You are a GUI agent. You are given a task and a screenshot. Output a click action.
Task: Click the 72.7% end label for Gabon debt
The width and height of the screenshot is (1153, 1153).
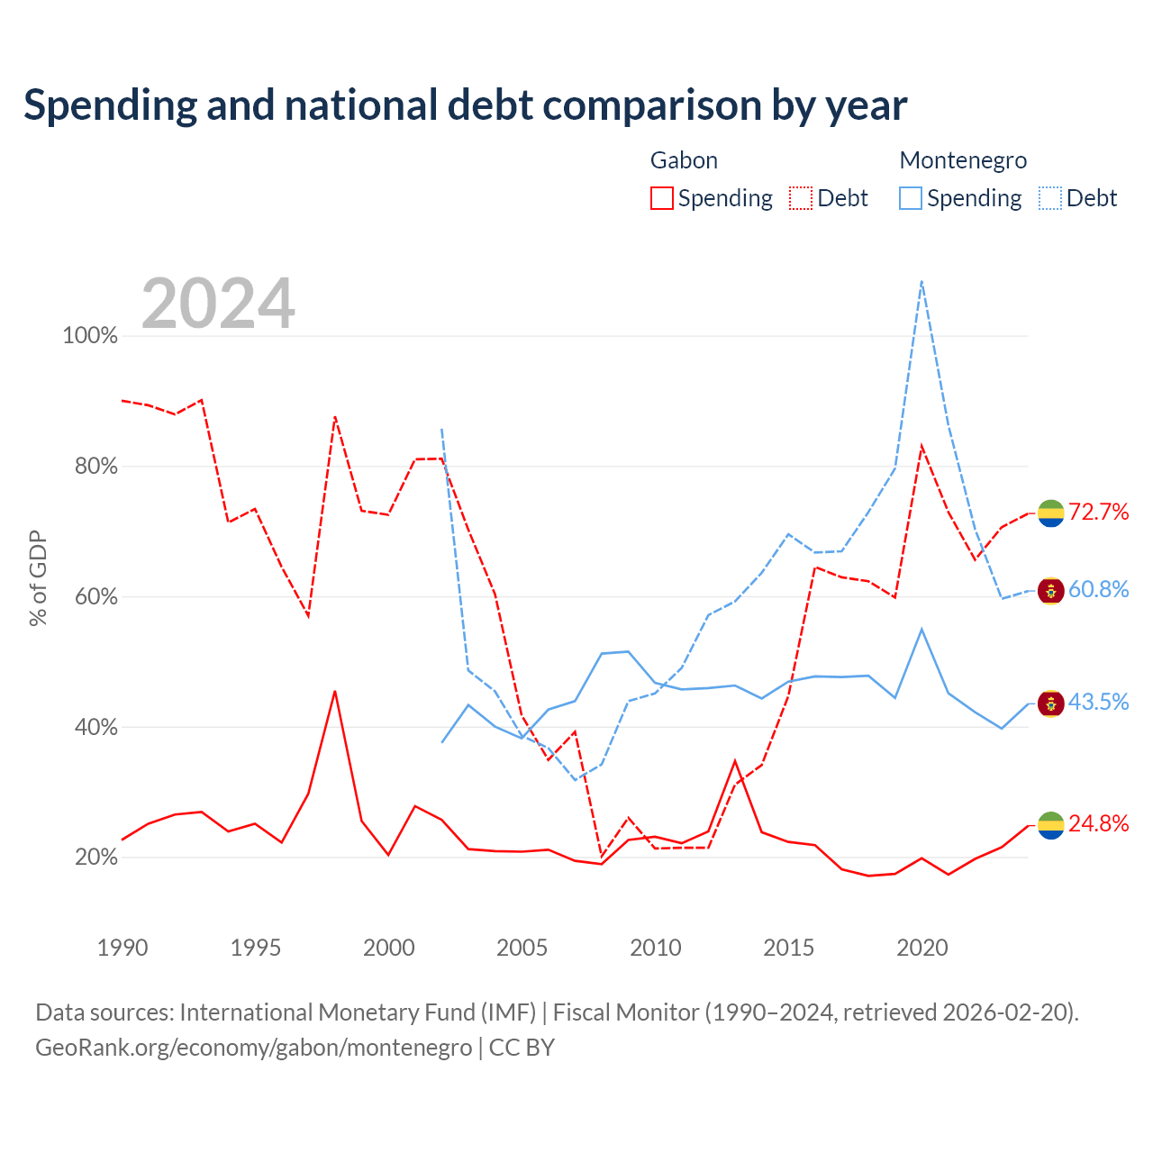tap(1098, 512)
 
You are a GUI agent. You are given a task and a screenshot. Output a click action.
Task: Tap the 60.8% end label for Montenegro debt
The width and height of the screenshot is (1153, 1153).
tap(1098, 589)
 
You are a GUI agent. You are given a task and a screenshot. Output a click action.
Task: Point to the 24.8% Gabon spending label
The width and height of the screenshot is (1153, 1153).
tap(1098, 823)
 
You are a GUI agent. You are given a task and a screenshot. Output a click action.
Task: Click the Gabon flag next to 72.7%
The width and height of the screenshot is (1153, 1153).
tap(1050, 513)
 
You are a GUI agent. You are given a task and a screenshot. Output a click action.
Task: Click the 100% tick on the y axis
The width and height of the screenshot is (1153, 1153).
tap(90, 336)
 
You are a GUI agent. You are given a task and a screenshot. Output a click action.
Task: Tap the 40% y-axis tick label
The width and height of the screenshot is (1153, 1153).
tap(96, 727)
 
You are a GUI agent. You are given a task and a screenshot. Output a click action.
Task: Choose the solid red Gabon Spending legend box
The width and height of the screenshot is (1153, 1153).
tap(662, 198)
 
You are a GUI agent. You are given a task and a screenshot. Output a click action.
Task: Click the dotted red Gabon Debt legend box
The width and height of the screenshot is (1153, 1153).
tap(801, 198)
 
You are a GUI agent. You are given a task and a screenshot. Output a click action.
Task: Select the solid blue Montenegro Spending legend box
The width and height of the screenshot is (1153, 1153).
tap(911, 198)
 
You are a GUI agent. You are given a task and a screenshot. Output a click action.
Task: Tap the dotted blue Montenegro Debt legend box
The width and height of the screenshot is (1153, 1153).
tap(1050, 198)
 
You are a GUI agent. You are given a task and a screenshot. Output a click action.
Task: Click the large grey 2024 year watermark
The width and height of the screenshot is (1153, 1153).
tap(218, 304)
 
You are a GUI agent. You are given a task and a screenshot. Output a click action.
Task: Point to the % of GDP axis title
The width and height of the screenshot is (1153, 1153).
tap(38, 578)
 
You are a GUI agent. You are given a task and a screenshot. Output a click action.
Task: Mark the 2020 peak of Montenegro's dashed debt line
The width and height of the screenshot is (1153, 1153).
tap(921, 281)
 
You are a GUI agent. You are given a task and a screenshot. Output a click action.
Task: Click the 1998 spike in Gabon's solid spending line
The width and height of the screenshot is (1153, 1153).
tap(335, 692)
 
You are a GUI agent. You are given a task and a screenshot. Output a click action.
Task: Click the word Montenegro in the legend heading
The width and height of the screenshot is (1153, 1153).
tap(963, 160)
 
